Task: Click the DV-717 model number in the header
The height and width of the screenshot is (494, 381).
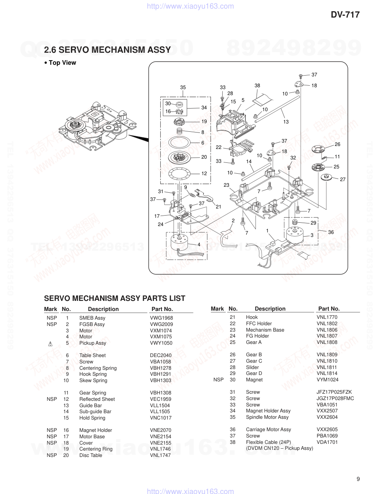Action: pos(345,15)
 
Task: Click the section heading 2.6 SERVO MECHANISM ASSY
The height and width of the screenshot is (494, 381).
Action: pos(107,50)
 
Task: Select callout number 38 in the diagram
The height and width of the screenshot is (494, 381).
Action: pos(257,86)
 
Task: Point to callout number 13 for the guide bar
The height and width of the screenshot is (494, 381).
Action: pos(286,122)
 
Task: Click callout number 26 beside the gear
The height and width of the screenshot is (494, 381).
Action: pos(337,144)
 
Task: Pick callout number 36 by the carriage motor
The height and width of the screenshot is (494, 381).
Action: pos(331,232)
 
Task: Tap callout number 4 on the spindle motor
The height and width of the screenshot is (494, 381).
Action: pos(199,244)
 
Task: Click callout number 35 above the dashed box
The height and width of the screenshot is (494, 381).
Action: pos(183,88)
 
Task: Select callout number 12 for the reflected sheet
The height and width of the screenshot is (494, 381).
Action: pos(204,173)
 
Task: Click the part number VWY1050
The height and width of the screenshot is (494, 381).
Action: pos(161,343)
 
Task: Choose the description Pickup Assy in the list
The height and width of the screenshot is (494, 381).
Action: pos(93,343)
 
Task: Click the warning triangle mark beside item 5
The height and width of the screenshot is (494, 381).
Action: pos(50,344)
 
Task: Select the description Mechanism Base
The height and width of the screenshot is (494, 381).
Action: pos(265,330)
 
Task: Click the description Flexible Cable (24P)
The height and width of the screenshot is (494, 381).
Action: pos(268,442)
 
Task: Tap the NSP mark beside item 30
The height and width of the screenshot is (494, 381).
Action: pos(218,379)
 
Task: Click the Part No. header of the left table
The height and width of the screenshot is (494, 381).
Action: pos(162,309)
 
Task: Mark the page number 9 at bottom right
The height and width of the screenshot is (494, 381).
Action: pos(358,479)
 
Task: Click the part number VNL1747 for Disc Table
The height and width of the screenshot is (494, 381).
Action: pos(160,455)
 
